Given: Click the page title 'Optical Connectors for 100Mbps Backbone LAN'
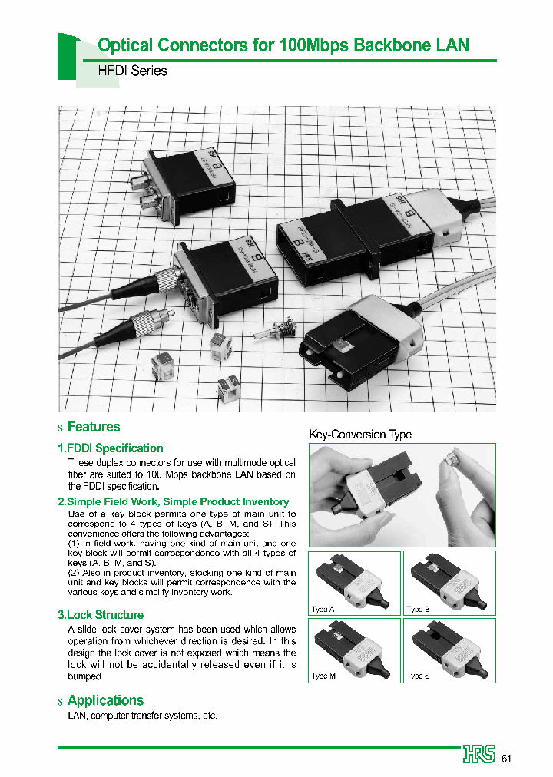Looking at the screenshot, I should click(x=283, y=45).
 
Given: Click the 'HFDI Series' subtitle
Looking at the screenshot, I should click(x=132, y=71).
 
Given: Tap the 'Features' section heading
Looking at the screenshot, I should click(x=94, y=427).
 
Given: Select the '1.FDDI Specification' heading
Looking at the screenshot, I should click(x=111, y=448).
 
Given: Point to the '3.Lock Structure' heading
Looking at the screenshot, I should click(x=101, y=615).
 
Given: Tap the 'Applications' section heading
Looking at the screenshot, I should click(x=105, y=700).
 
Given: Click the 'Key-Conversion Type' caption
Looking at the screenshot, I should click(x=360, y=435).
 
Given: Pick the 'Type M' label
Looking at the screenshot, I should click(x=324, y=676).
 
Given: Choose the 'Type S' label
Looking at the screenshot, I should click(x=419, y=676).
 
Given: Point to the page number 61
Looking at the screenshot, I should click(x=506, y=759).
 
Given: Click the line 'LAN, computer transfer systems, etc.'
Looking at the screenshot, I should click(x=143, y=716).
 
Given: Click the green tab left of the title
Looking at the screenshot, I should click(x=68, y=58).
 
